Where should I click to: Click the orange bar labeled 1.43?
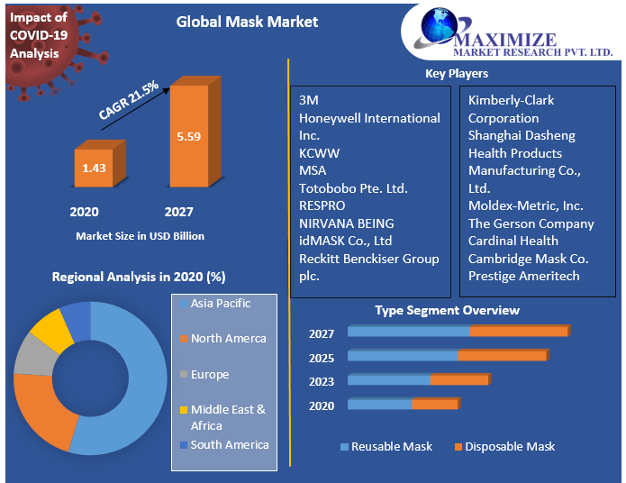(x=94, y=168)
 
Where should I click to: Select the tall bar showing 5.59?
(x=188, y=136)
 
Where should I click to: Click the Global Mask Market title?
(x=247, y=22)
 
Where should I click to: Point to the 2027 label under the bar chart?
(x=178, y=212)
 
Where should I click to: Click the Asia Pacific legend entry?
(x=221, y=304)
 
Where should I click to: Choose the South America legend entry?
(x=229, y=445)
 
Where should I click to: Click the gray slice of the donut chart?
(x=34, y=355)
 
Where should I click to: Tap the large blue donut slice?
(x=135, y=378)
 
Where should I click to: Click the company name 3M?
(x=309, y=100)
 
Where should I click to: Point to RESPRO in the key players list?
(x=322, y=205)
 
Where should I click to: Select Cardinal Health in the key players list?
(x=513, y=241)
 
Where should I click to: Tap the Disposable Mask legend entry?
(x=509, y=446)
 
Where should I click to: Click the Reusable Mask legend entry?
(x=391, y=446)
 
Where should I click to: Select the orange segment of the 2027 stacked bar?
(x=518, y=332)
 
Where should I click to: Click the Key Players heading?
(x=457, y=73)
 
